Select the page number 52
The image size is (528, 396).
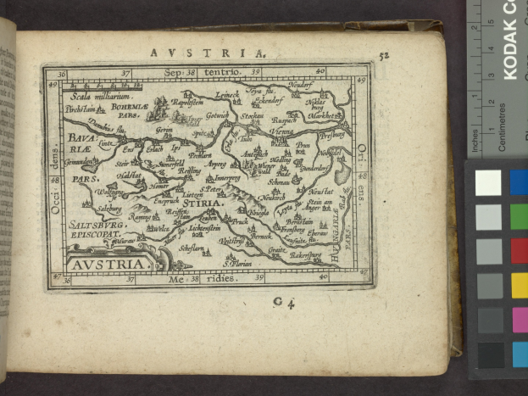tap(384, 57)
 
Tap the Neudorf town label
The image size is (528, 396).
tap(322, 86)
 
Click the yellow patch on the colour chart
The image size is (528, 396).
tap(519, 285)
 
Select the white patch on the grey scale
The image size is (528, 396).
tap(487, 182)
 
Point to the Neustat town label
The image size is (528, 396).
tap(320, 192)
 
